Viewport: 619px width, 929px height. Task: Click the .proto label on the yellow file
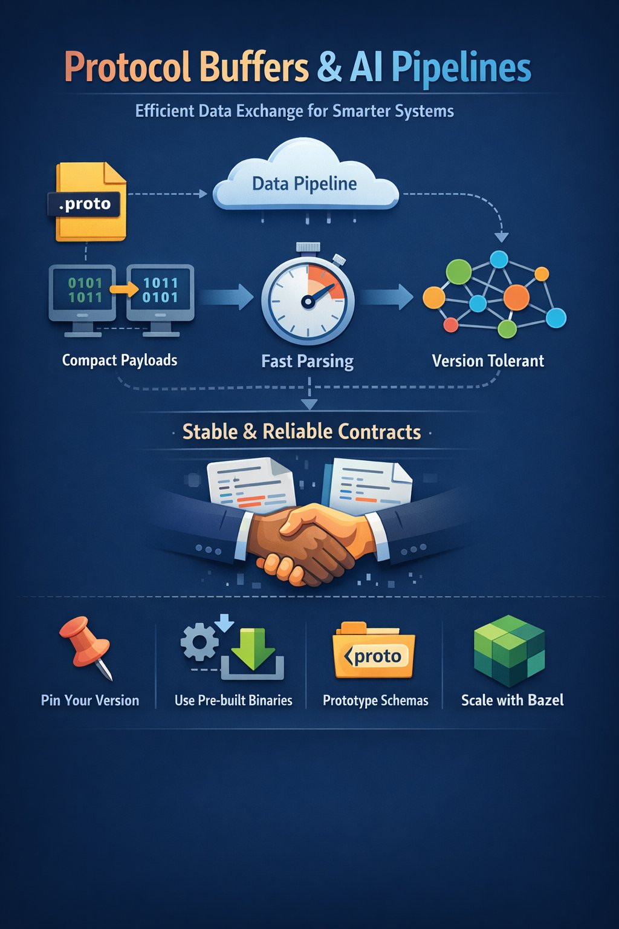point(85,204)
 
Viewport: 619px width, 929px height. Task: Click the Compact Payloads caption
point(120,360)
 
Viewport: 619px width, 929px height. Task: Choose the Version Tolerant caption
point(488,361)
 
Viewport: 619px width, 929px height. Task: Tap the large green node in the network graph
point(459,272)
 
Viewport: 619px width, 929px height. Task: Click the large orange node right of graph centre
point(516,297)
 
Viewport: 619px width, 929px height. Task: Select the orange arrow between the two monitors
point(124,290)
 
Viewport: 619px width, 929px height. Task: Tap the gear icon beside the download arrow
point(199,642)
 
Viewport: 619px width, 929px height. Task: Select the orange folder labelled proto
point(374,656)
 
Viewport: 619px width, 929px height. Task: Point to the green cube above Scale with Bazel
point(509,650)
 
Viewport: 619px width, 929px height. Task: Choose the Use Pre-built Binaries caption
point(233,700)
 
